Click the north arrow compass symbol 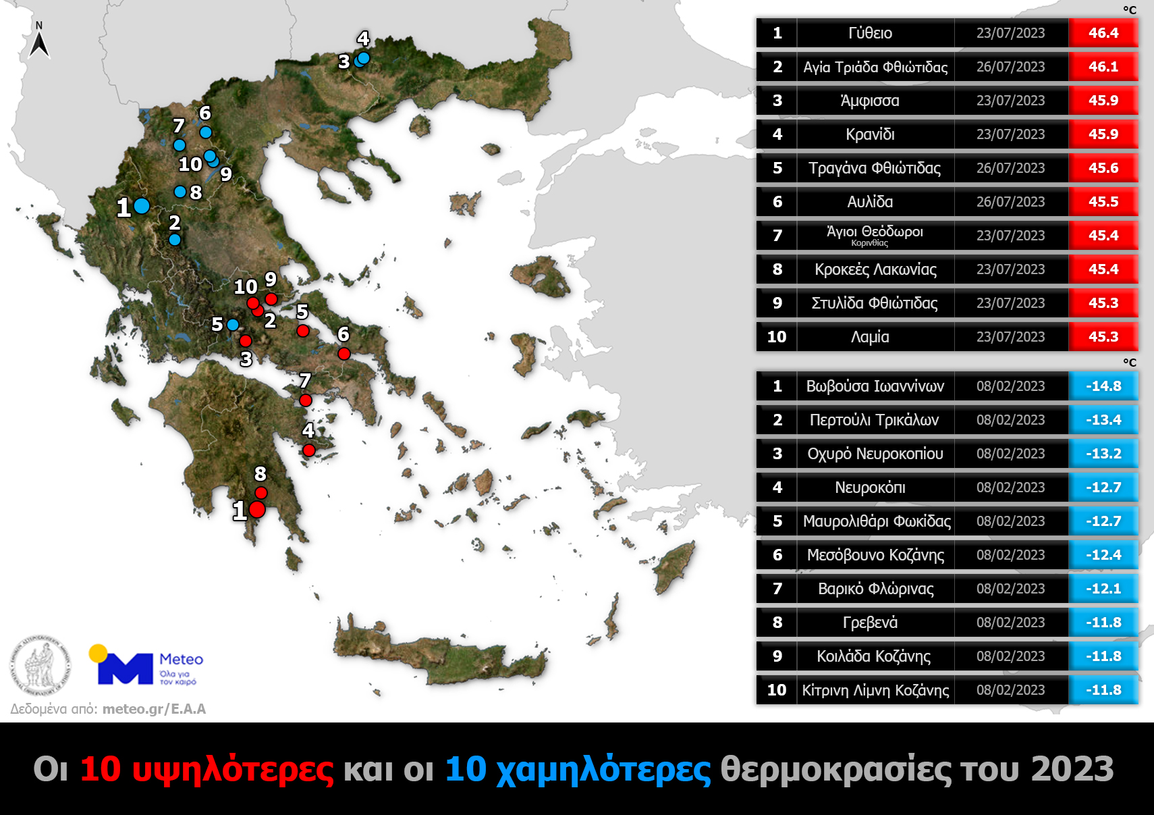39,43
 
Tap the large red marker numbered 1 257,510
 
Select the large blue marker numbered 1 142,206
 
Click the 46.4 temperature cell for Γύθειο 1103,33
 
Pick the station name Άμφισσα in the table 870,101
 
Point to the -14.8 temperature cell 1103,386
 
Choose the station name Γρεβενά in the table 870,623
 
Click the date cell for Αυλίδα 1010,202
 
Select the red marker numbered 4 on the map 309,450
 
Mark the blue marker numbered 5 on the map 233,325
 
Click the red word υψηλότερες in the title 232,769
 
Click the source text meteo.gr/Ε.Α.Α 154,709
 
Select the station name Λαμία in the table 870,337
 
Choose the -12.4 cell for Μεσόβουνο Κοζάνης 1103,555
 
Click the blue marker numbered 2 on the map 175,240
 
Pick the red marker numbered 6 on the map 344,354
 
